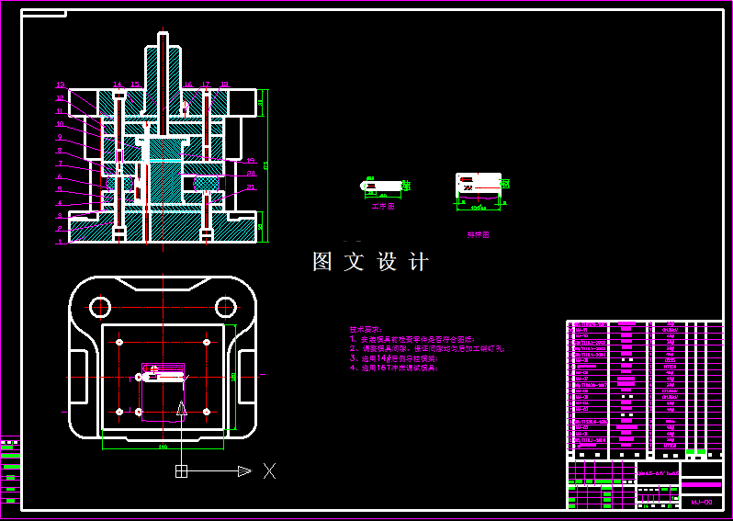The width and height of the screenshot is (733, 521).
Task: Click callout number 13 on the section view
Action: (61, 85)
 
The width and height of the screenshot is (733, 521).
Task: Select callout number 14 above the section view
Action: (118, 85)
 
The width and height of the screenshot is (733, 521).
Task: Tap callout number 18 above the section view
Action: (224, 85)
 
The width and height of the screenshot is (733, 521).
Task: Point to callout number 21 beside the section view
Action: (251, 187)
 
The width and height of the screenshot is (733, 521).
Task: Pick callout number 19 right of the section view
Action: (251, 161)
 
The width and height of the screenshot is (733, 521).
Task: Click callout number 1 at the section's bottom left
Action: (60, 242)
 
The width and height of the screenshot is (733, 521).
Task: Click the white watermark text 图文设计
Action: (371, 262)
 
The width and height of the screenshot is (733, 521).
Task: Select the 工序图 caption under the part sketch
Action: (382, 207)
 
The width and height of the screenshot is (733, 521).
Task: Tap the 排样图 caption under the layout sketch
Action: (479, 234)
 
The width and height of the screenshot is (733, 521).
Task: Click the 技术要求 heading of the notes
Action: (366, 329)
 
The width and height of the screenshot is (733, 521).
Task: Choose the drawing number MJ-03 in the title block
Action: (702, 503)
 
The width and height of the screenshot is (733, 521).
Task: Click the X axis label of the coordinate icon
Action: (269, 470)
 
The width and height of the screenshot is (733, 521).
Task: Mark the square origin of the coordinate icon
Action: (182, 471)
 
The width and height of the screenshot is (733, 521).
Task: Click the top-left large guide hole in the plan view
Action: (100, 306)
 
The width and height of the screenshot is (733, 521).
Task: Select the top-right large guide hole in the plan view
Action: (225, 306)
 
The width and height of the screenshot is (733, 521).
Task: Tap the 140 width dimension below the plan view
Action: (163, 447)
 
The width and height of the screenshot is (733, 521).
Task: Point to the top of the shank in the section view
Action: (164, 37)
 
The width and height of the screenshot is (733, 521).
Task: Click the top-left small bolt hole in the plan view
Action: (120, 343)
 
